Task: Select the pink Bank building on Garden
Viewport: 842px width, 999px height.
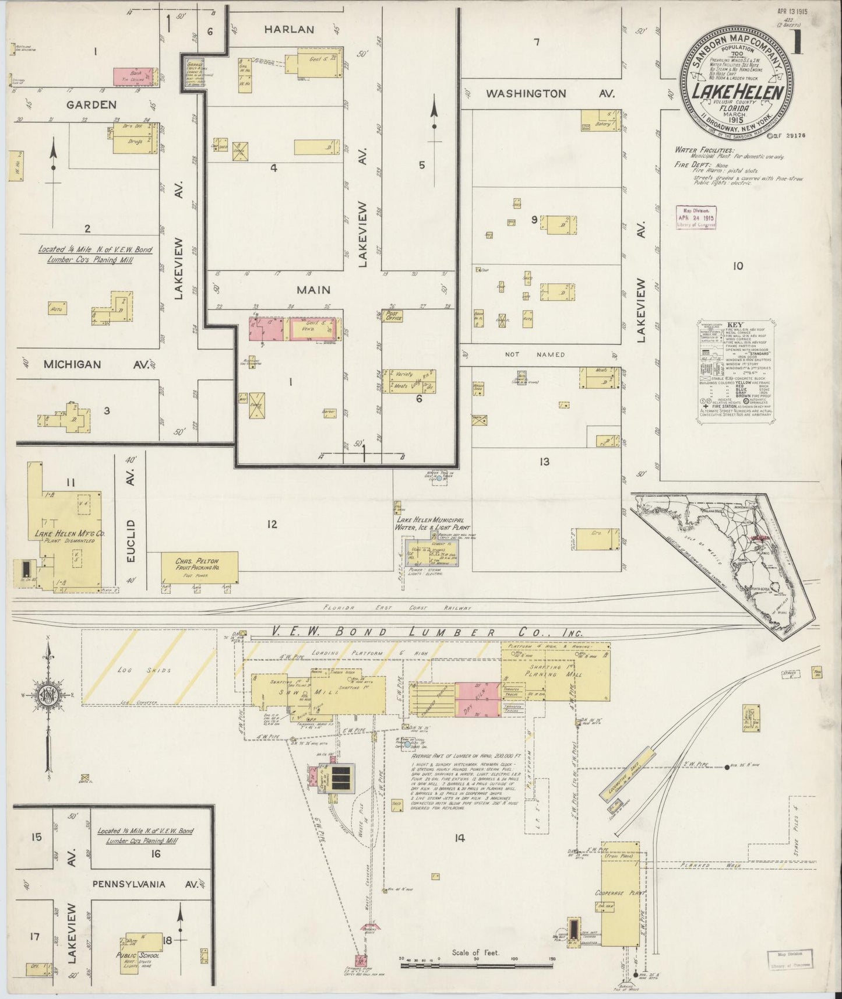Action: pyautogui.click(x=133, y=75)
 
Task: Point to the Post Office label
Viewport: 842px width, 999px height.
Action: pyautogui.click(x=394, y=315)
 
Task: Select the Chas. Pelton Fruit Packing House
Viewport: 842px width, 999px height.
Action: pyautogui.click(x=200, y=567)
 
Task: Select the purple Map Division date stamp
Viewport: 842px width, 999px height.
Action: pyautogui.click(x=696, y=217)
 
